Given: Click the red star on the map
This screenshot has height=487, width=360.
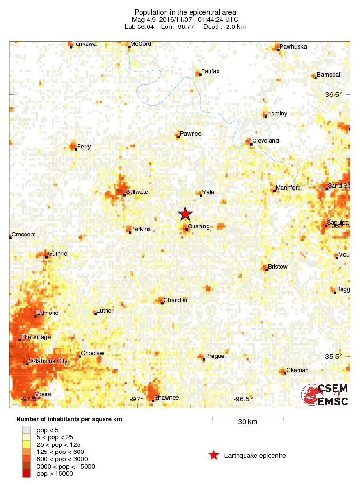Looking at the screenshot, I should coord(185,214).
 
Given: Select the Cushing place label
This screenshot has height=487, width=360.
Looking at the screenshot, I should coord(198,226).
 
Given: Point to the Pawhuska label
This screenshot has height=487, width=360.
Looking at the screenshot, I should coord(293,47).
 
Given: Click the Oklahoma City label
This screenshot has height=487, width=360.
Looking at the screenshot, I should coord(48,361).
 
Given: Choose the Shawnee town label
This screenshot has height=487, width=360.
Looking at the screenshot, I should coord(167,398).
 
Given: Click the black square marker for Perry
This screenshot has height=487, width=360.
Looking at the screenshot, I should coord(76,149).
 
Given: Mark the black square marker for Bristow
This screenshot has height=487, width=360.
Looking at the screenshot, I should coord(265,270).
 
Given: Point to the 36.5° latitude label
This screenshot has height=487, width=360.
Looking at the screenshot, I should coord(334,95).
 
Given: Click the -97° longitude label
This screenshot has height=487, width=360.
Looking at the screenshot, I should coord(137,399).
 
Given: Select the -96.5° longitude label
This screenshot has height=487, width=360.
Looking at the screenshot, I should coord(243,399).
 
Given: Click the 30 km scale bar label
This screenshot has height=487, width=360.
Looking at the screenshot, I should coord(247,422).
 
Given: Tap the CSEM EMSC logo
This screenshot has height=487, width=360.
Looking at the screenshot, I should coord(325,395).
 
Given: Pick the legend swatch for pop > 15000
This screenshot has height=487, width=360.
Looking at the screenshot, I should coord(26,474).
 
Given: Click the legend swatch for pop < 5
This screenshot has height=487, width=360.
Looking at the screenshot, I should coord(26,430).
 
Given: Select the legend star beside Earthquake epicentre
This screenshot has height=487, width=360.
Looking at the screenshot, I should coord(214,455).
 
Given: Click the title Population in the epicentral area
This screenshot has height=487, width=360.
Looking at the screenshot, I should coord(185,12).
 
